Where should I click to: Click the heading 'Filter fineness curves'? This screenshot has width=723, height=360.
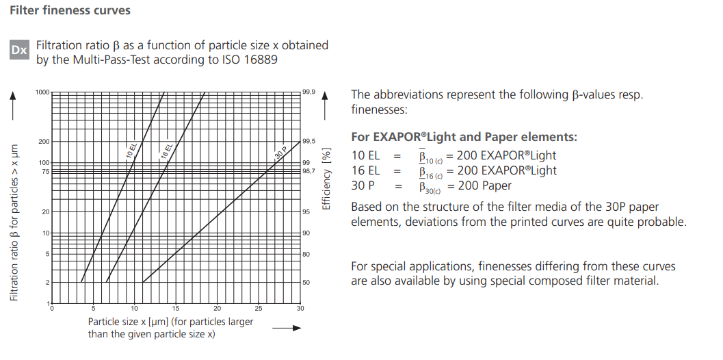tap(70, 11)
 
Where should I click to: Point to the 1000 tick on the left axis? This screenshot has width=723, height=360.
tap(42, 92)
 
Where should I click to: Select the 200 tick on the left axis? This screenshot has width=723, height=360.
tap(44, 142)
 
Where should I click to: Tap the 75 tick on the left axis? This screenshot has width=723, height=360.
tap(45, 171)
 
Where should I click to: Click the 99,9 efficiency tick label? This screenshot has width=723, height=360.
tap(308, 92)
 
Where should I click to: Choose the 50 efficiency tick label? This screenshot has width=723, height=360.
tap(306, 282)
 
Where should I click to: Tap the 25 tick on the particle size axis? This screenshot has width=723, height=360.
tap(259, 309)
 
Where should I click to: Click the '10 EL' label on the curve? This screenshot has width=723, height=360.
tap(133, 151)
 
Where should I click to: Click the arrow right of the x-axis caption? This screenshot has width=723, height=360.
tap(287, 328)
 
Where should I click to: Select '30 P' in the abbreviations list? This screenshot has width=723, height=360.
tap(364, 185)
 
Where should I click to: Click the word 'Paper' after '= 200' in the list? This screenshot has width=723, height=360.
tap(495, 185)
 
